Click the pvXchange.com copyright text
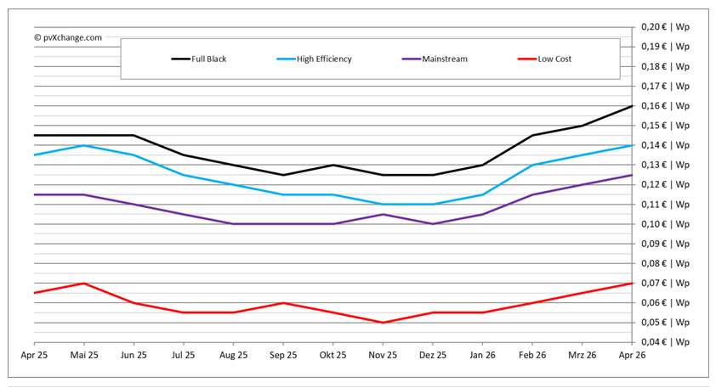68,37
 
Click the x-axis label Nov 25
383,355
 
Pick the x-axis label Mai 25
83,355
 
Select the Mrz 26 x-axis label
582,355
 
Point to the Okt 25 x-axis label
332,355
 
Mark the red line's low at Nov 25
383,323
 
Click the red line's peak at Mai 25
83,283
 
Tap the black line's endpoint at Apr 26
632,106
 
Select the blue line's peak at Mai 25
83,145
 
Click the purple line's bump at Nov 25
383,214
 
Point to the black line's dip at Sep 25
283,175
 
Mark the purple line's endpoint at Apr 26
632,175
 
